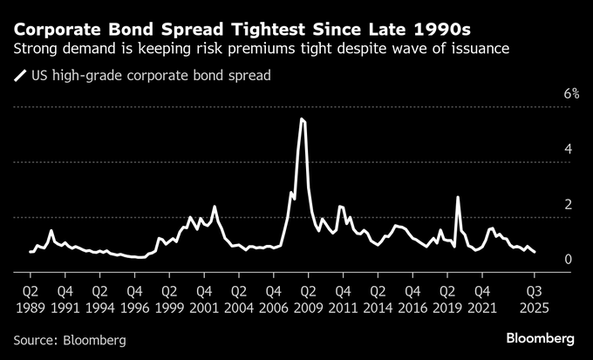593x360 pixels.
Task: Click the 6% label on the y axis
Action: point(571,93)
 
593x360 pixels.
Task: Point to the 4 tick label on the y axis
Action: point(569,149)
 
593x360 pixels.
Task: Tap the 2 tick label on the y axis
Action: point(569,204)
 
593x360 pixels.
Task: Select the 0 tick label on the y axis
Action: point(569,259)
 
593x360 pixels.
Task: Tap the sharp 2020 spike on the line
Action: point(458,197)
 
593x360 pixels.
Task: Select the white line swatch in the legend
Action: point(19,76)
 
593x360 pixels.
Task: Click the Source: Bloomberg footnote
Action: point(70,339)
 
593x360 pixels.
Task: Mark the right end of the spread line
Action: point(535,252)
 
